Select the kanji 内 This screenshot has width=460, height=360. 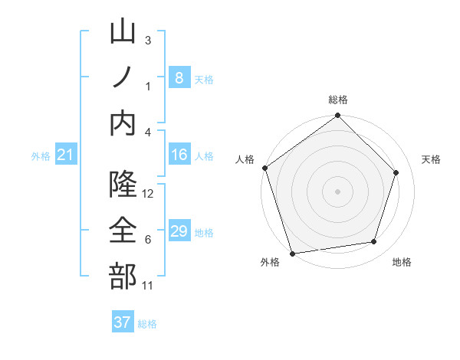[123, 123]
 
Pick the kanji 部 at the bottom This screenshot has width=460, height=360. [123, 276]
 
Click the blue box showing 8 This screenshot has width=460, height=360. [179, 77]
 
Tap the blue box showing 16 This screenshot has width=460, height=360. [179, 155]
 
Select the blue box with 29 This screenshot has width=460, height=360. [179, 231]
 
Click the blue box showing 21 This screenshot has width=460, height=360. [66, 155]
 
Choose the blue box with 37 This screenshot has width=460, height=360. [123, 322]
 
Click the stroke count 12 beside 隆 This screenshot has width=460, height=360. [149, 194]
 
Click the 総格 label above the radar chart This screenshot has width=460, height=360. [338, 100]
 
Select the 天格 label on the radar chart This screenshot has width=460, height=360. [432, 159]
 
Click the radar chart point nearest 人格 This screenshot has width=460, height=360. [265, 168]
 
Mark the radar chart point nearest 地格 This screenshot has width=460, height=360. [374, 242]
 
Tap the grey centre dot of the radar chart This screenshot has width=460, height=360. [338, 191]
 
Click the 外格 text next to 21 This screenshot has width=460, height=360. [41, 156]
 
